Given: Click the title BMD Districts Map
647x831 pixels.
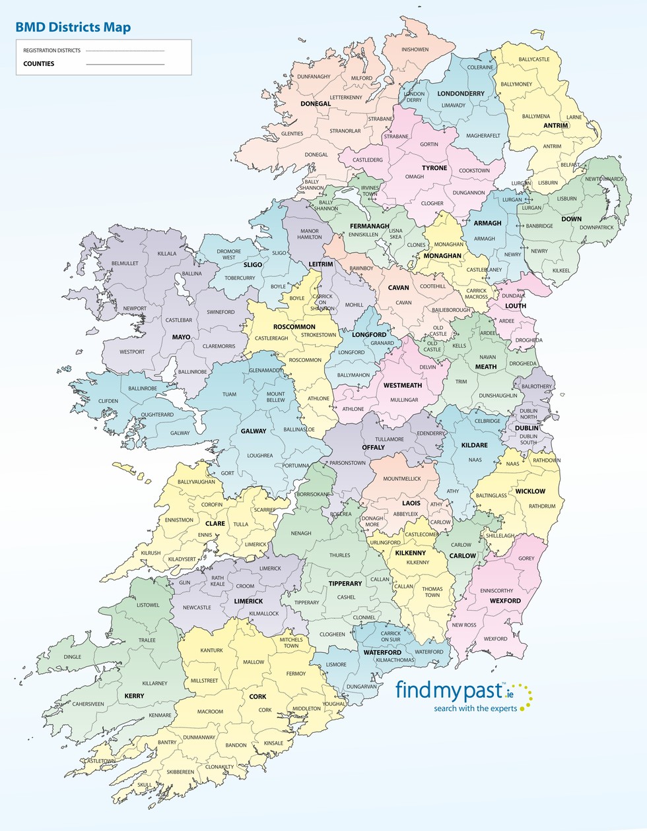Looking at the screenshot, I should coord(73,28).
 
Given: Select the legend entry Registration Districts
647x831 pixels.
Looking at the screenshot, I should coord(51,51).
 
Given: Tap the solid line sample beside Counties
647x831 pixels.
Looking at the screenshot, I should coord(125,64).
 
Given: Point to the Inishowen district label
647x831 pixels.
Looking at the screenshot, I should coord(415,49).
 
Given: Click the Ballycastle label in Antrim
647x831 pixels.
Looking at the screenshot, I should coord(533,59).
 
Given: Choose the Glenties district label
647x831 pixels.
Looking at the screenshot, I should coord(292,134).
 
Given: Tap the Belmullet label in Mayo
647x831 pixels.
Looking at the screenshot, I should coord(125,263).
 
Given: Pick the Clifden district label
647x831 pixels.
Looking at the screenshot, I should coord(108,401).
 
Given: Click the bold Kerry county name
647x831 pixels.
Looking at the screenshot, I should coord(134,696).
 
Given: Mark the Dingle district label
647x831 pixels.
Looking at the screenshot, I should coord(73,657).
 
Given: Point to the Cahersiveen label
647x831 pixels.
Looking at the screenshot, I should coord(88,704).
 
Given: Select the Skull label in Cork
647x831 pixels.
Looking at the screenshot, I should coord(145,785).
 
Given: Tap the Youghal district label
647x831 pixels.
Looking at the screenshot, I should coord(334,704).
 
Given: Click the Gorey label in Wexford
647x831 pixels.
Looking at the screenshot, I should coord(526,559).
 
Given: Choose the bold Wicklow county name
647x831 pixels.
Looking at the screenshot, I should coord(530,491).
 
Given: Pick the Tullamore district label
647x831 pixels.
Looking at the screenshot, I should coord(390,439).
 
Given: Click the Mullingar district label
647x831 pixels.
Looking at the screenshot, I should coord(404,400).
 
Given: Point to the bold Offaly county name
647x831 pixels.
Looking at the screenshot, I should coord(373,447).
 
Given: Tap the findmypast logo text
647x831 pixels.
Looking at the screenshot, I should coord(449,691).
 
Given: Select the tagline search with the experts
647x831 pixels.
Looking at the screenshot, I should coord(475,708).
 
